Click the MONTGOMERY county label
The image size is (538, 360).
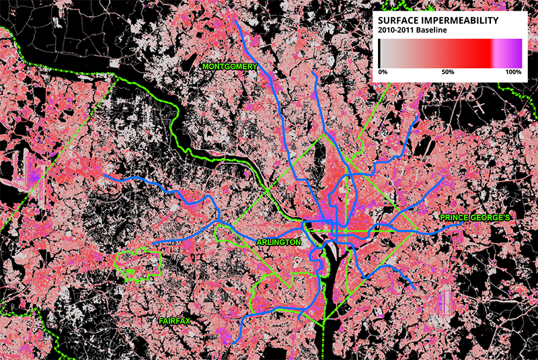click(x=230, y=67)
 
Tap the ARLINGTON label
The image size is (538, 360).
click(x=278, y=242)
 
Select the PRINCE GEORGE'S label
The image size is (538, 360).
click(x=476, y=218)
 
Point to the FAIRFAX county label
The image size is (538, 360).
click(x=175, y=321)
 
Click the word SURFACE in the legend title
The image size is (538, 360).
click(x=403, y=21)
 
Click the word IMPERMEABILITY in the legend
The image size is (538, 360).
click(x=463, y=21)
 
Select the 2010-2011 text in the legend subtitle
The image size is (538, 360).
click(x=397, y=30)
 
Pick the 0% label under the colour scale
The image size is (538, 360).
click(x=383, y=71)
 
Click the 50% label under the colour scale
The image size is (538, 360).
click(x=448, y=71)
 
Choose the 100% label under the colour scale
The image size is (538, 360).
click(x=512, y=71)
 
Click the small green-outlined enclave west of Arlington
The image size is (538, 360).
click(x=139, y=264)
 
